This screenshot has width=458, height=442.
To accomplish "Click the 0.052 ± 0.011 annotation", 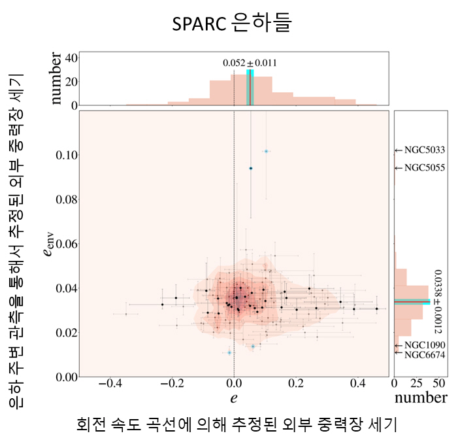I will pos(250,63).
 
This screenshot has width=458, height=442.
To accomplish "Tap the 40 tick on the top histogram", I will pos(68,58).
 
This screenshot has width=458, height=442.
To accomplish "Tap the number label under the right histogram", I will pos(421,398).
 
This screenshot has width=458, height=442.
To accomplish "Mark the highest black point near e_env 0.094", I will pos(250,168).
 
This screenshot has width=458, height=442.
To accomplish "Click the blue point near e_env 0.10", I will pos(266,151).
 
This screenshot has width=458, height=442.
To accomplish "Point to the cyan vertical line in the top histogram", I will pos(250,86).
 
